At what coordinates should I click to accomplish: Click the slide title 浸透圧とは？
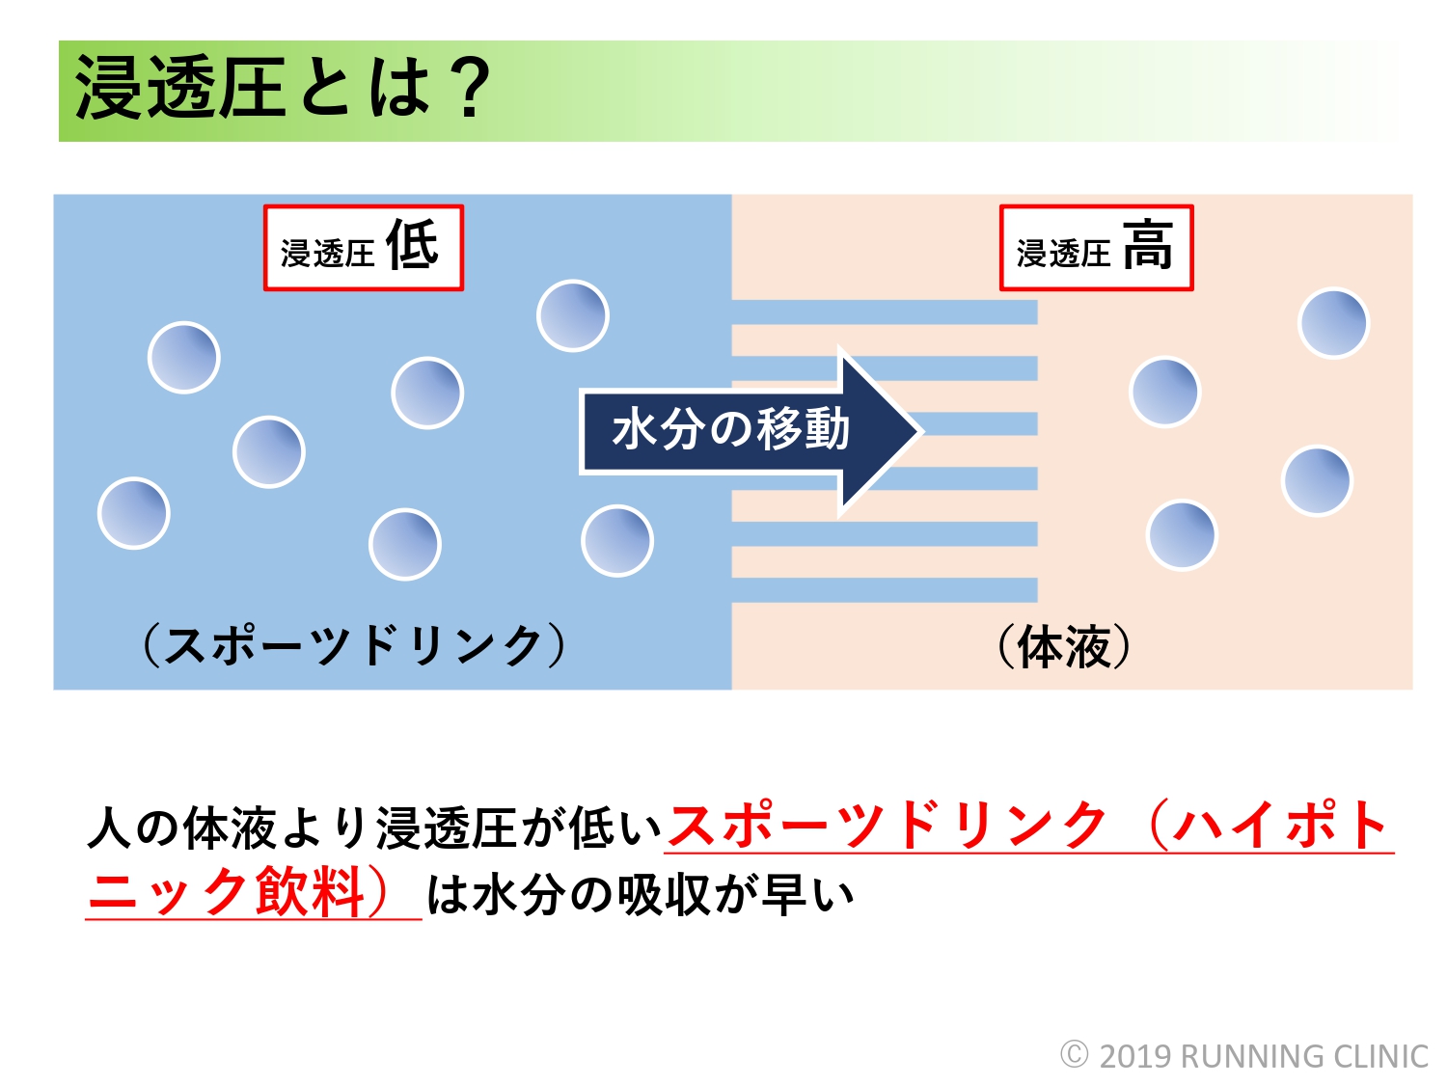pos(282,89)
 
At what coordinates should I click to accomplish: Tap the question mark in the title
pos(470,89)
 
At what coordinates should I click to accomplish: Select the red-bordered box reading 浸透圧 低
pos(364,248)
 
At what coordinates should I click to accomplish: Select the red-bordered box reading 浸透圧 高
pos(1096,248)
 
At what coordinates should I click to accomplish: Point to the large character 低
pos(412,244)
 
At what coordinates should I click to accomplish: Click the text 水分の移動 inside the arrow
pos(730,429)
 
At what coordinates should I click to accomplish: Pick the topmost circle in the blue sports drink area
pos(572,315)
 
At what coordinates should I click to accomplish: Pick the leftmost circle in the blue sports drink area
pos(134,513)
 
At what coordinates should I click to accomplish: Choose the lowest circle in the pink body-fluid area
pos(1182,535)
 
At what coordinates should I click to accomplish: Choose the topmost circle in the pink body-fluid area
pos(1333,323)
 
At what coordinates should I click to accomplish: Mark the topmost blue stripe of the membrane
pos(884,312)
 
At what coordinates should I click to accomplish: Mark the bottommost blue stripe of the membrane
pos(884,590)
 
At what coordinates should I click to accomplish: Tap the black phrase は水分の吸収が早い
pos(641,894)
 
